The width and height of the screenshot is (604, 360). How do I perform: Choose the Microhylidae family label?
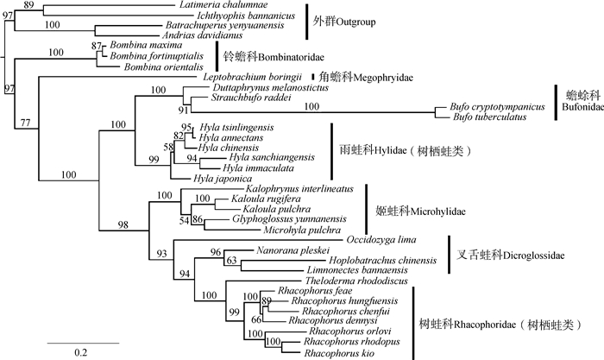(x=411, y=209)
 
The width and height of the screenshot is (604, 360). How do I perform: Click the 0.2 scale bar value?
(x=79, y=351)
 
